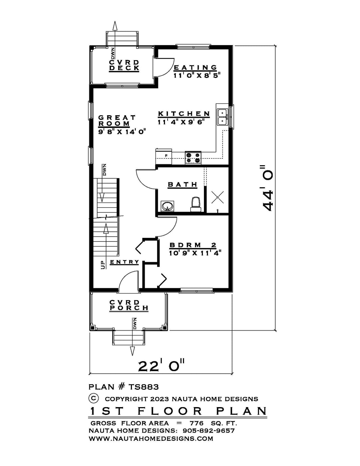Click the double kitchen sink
(222, 117)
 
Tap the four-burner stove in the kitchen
(193, 158)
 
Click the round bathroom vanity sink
(168, 206)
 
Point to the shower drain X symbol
(217, 197)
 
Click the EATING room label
(195, 67)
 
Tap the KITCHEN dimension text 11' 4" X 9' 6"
(181, 122)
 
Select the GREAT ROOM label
(117, 121)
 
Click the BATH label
(182, 184)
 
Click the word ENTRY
(124, 262)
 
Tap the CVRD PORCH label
(129, 305)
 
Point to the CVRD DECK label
(124, 65)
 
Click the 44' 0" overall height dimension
(268, 188)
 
